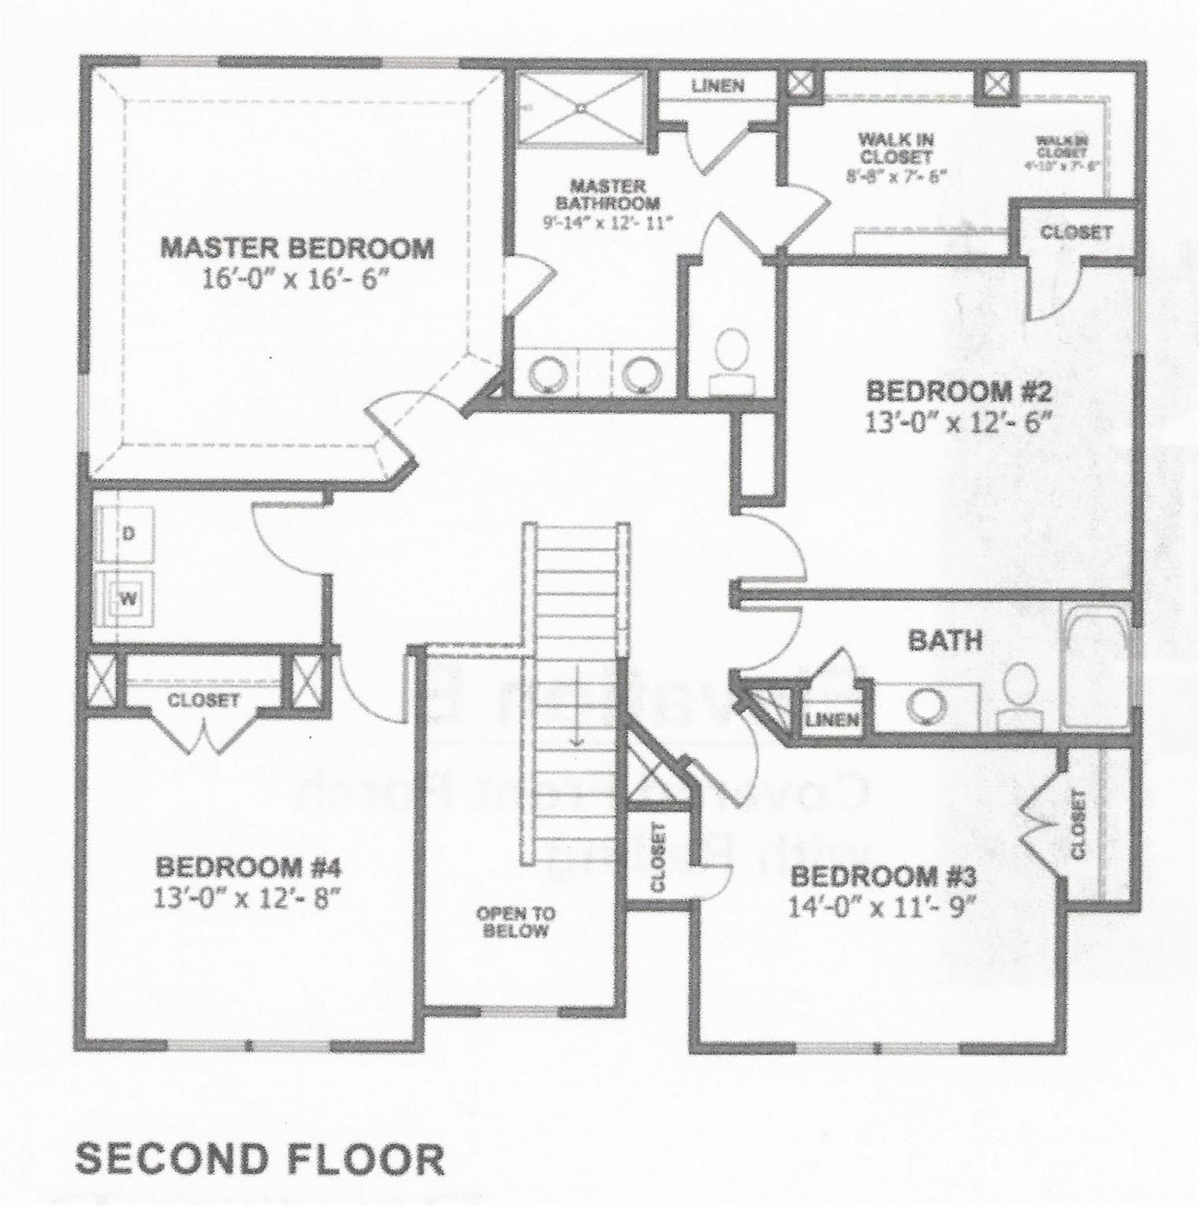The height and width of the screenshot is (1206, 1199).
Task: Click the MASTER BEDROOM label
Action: (x=297, y=248)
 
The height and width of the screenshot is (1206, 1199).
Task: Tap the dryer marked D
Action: (x=128, y=533)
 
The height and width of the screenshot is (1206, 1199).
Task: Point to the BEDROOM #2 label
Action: (x=958, y=390)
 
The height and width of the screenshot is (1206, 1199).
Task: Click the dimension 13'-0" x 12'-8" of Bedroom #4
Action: (x=248, y=895)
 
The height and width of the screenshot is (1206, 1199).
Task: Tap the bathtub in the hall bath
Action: (x=1095, y=667)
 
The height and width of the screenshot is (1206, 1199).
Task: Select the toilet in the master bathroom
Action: (x=732, y=353)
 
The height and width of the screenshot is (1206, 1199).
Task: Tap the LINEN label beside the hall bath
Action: (x=831, y=718)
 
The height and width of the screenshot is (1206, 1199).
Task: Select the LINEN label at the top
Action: (x=718, y=85)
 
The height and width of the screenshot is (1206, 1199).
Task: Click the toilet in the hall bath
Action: (x=1021, y=691)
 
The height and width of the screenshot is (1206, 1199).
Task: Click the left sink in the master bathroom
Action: (x=547, y=373)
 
